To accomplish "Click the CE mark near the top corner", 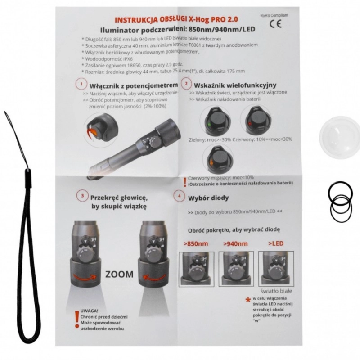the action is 275,24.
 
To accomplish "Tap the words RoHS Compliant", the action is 274,15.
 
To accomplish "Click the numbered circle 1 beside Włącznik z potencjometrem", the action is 81,84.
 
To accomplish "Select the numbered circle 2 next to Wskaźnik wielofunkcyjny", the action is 186,84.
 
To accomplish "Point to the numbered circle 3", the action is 82,196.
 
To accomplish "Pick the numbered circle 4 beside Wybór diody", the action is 179,196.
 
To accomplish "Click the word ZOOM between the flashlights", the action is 119,274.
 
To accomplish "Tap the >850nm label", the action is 196,243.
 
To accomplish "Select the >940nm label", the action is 235,243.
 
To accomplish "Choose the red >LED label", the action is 276,243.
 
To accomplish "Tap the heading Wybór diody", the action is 208,198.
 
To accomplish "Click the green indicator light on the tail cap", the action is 209,125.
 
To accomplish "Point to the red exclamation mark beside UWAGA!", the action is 77,319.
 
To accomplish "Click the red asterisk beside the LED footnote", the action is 248,300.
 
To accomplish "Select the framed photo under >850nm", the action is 197,269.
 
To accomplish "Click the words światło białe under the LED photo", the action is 276,291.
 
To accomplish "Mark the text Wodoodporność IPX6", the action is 109,59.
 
